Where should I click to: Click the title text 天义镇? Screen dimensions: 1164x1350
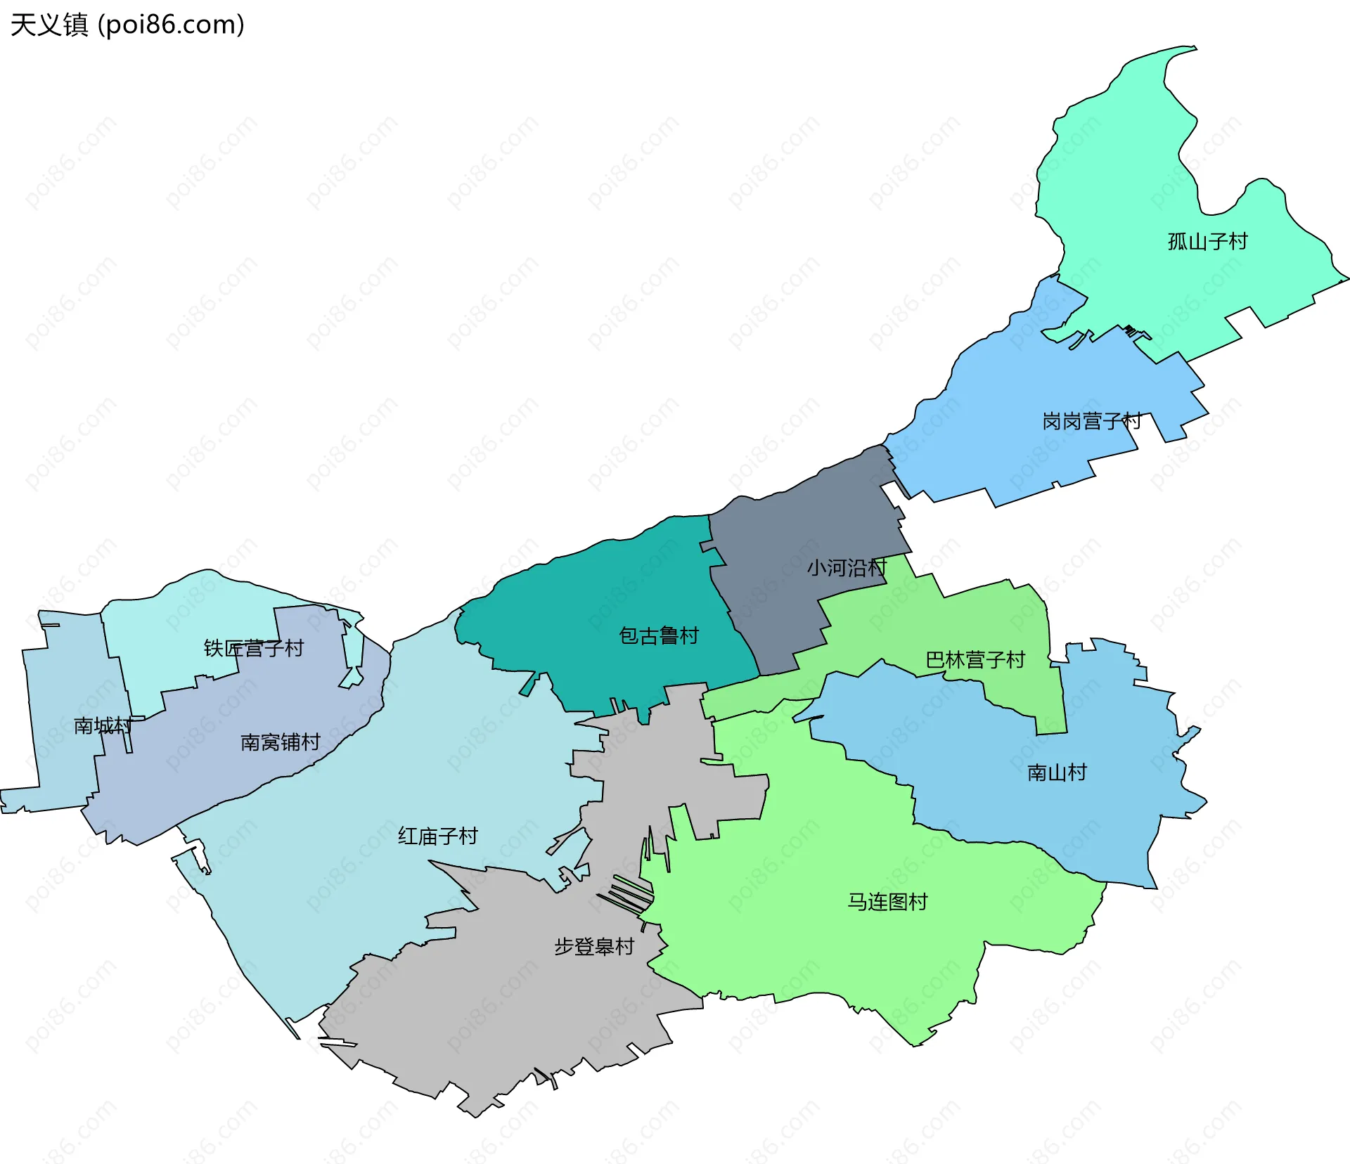[49, 25]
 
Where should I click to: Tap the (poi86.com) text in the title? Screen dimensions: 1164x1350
[171, 25]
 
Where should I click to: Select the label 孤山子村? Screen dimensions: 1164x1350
[1207, 242]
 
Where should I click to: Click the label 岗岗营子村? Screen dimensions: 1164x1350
[1091, 421]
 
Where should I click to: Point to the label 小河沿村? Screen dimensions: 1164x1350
[847, 567]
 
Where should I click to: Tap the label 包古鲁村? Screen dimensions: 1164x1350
[659, 635]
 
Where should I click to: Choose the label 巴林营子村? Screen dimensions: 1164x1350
[975, 659]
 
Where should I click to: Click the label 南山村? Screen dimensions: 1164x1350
[1057, 772]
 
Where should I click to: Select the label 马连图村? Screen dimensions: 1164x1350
[887, 902]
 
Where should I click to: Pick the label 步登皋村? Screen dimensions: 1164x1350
[594, 947]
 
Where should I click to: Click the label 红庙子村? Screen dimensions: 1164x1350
[437, 836]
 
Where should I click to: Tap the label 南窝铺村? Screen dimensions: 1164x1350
[280, 742]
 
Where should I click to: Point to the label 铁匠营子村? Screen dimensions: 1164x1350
[253, 648]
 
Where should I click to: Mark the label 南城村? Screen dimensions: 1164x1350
[103, 725]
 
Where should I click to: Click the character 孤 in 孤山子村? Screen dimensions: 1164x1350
[1178, 242]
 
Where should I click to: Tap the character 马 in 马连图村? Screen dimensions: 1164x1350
[858, 902]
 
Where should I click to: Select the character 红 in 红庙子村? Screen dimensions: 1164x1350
[408, 836]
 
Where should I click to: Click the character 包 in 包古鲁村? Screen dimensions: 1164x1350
[629, 635]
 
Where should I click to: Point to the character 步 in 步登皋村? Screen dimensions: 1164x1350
[564, 947]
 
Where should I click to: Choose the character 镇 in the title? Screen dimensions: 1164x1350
[76, 25]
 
